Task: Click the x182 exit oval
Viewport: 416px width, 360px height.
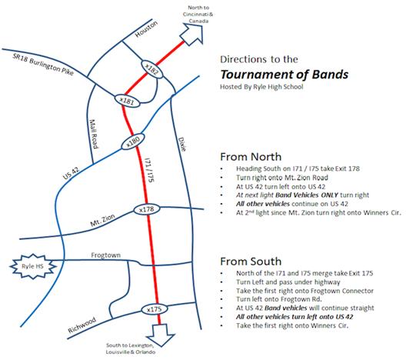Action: tap(151, 69)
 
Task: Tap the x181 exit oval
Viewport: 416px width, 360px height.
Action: tap(127, 101)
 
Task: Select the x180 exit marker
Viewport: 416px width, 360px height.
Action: tap(133, 142)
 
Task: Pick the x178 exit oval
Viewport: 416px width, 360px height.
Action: tap(147, 209)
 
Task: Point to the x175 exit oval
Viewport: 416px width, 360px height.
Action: tap(154, 309)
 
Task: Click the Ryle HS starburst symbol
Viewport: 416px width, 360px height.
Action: tap(33, 266)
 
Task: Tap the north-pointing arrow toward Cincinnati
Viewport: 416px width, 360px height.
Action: tap(193, 35)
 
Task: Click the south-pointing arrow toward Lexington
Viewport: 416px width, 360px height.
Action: tap(161, 335)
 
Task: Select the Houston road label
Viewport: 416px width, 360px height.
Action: tap(146, 29)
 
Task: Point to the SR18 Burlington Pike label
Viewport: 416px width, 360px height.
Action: tap(43, 64)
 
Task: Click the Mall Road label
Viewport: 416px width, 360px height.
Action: tap(94, 134)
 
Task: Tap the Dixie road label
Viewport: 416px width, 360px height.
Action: tap(182, 144)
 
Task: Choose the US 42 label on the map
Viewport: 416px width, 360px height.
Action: tap(71, 173)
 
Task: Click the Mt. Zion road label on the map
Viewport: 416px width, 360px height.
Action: tap(102, 220)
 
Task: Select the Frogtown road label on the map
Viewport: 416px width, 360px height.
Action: tap(106, 255)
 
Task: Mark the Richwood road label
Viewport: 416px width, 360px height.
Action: tap(82, 325)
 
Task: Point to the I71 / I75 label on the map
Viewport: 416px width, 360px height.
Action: tap(149, 170)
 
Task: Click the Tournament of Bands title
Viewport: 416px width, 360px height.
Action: tap(285, 75)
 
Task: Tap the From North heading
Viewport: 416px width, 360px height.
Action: tap(251, 157)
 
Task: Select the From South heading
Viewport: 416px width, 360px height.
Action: tap(251, 262)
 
